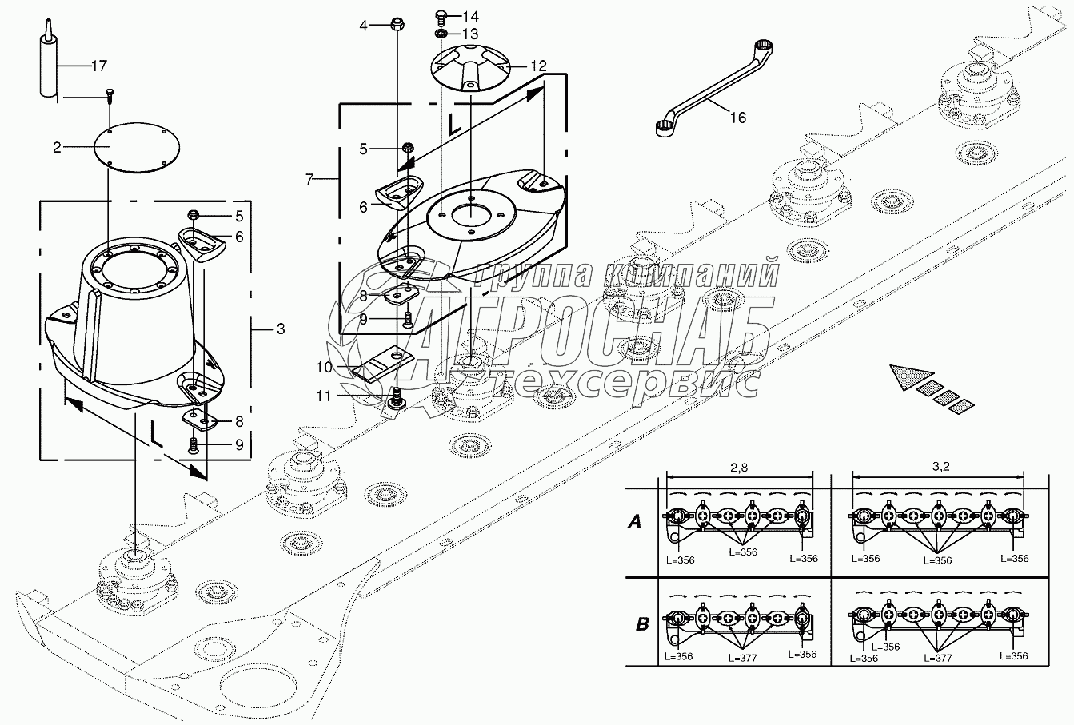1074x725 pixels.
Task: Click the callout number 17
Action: point(99,66)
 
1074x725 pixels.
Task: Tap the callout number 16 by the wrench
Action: point(738,118)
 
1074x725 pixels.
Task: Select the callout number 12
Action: point(538,66)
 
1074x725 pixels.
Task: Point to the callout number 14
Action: point(470,16)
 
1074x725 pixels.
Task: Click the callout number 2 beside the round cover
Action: point(57,148)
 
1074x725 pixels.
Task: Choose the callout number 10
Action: point(324,368)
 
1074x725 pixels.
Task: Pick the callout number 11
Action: point(324,396)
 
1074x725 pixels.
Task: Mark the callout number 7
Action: point(309,180)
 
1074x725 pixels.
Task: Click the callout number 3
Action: point(281,329)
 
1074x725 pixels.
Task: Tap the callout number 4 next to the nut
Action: point(363,26)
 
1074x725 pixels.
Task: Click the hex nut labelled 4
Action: point(397,23)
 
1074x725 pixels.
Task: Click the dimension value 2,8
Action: point(739,468)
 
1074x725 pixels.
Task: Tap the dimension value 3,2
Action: point(941,466)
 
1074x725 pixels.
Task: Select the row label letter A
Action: point(634,521)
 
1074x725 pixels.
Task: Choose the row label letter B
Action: point(642,624)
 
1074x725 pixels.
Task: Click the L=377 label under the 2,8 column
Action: point(742,658)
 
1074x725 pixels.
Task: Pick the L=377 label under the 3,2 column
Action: point(938,658)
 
